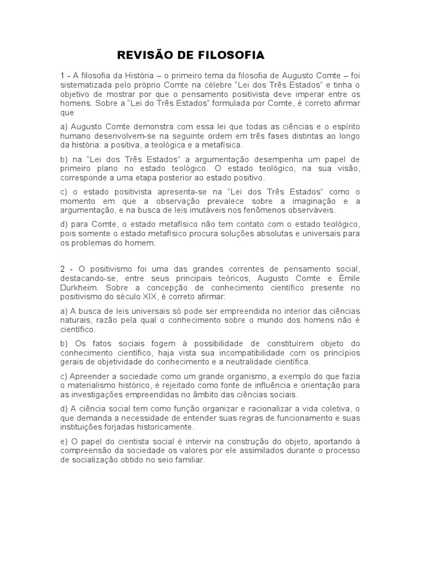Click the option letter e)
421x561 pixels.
[65, 442]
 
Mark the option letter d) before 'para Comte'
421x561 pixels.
[65, 225]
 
